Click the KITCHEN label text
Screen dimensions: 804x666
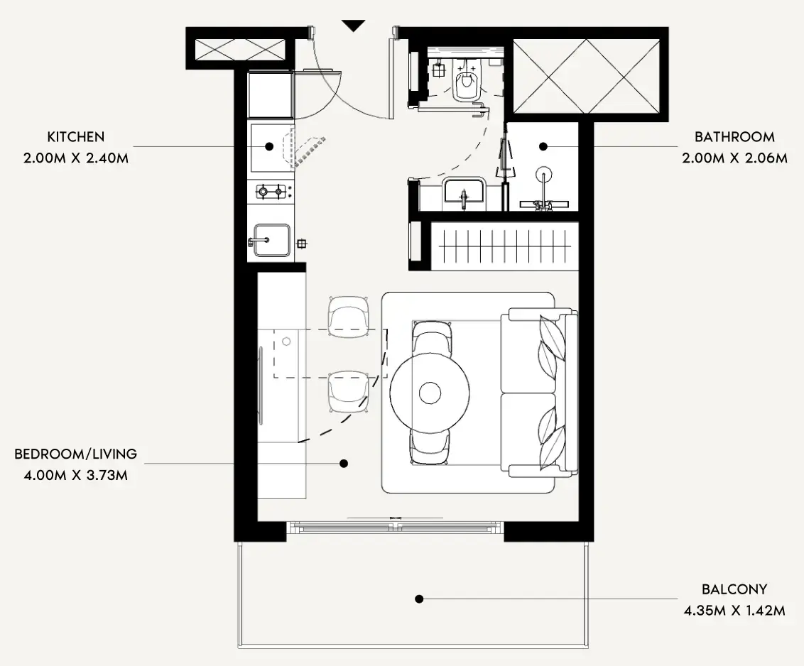[76, 137]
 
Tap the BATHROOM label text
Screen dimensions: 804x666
[734, 137]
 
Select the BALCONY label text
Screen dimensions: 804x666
[734, 589]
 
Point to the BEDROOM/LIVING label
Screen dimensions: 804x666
[76, 454]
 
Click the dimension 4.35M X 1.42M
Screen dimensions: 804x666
[734, 611]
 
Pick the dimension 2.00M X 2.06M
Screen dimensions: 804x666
[734, 158]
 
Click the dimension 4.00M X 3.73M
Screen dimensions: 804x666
[76, 475]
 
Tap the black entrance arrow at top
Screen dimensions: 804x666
[353, 26]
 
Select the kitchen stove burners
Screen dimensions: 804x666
[271, 192]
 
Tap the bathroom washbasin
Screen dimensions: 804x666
[464, 191]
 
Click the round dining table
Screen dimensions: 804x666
[430, 393]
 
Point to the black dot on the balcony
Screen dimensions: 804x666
[419, 599]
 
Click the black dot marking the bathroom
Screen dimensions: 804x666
[543, 147]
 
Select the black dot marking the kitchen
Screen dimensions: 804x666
[269, 147]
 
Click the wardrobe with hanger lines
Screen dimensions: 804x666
[504, 246]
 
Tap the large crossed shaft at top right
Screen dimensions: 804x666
[586, 76]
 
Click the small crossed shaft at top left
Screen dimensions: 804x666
[239, 50]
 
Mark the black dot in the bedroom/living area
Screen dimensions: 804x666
[344, 464]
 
